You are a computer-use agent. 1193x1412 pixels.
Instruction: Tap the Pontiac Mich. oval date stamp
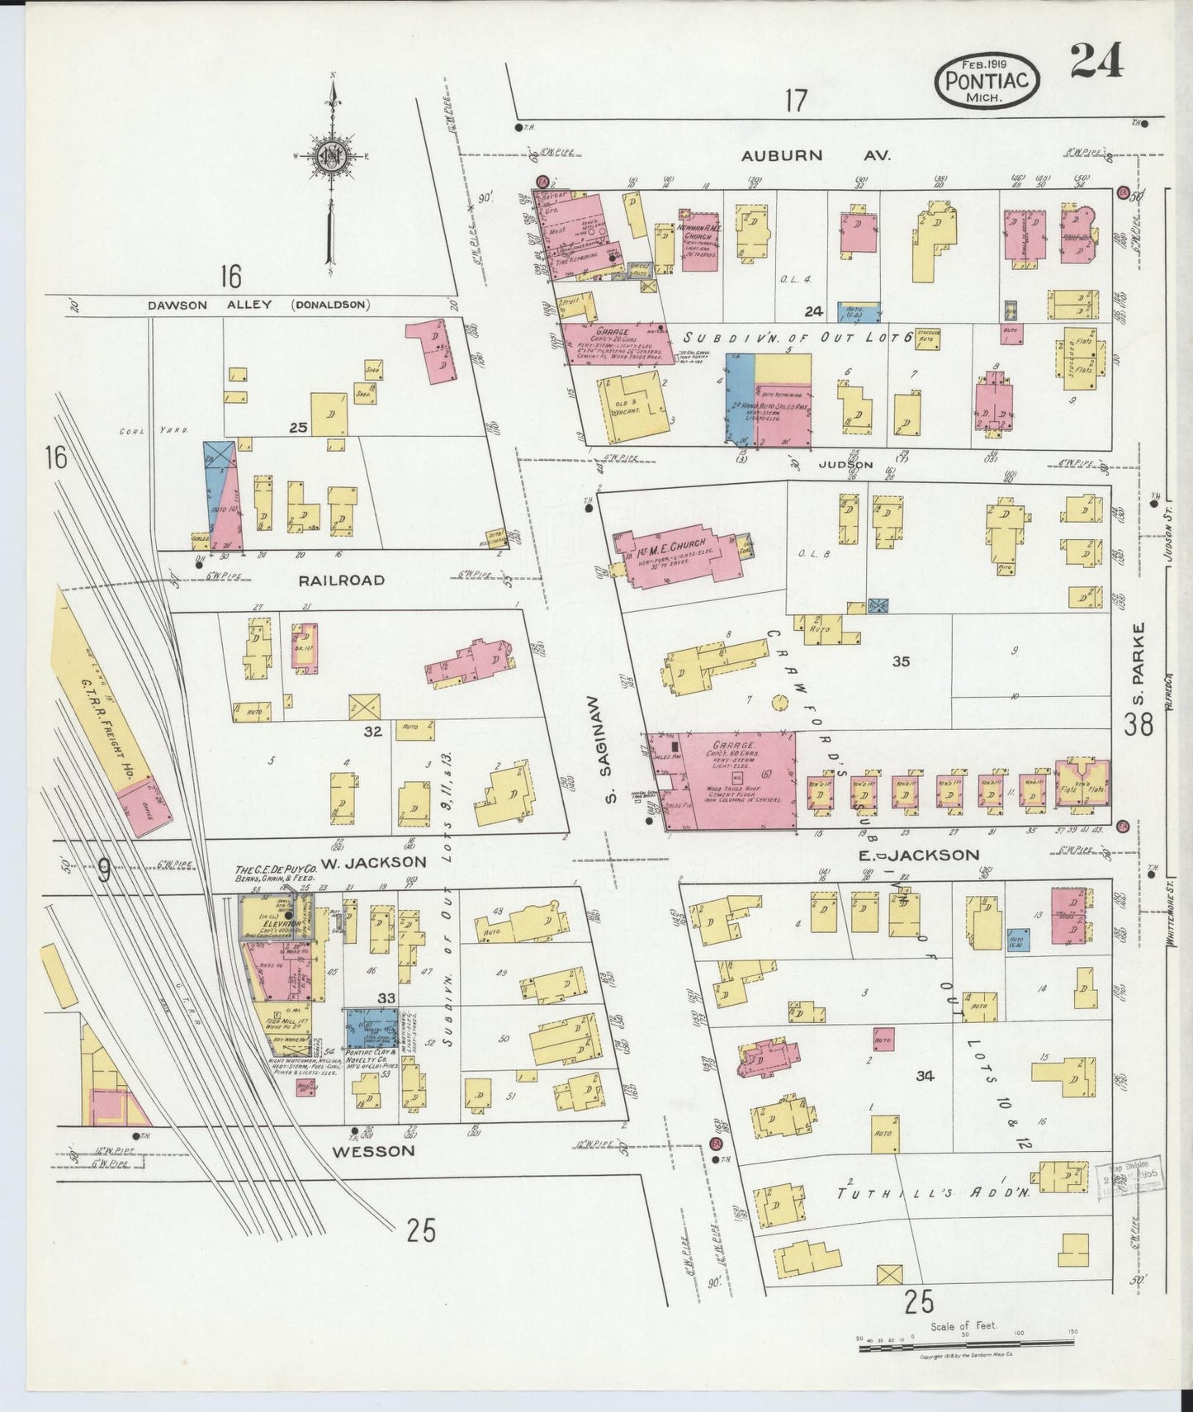pos(987,80)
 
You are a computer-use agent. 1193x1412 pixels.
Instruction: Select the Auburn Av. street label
pos(816,154)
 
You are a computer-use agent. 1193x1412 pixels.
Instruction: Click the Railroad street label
pos(341,580)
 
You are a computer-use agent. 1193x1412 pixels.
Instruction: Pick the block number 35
pos(901,661)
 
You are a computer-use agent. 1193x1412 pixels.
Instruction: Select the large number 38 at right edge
pos(1139,725)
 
